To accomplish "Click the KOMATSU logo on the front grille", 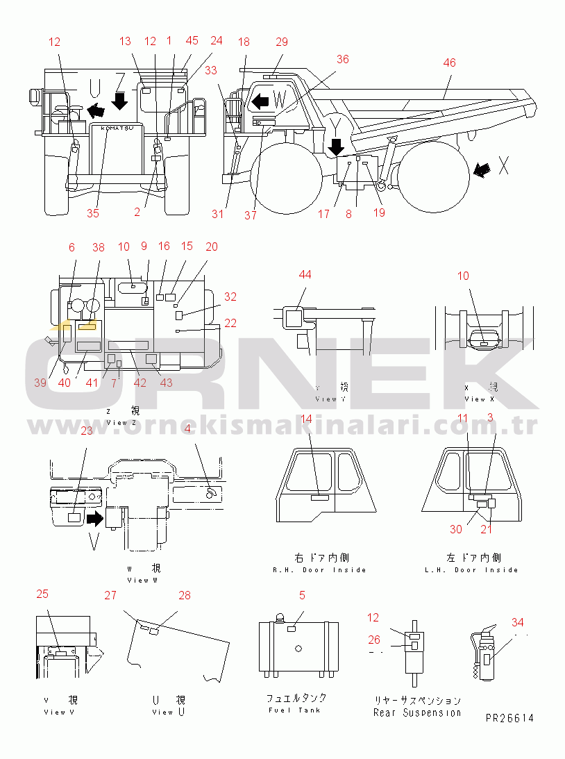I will [116, 129].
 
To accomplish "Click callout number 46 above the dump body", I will [449, 62].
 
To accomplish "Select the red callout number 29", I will [281, 42].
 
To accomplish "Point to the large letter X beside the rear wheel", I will [504, 165].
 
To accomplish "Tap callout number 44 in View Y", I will [305, 274].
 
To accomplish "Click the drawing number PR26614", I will [510, 718].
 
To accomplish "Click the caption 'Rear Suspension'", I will [416, 712].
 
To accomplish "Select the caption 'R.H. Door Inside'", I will [319, 570].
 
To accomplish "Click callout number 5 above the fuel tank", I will [302, 595].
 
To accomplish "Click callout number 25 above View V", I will [42, 594].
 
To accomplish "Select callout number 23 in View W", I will [86, 431].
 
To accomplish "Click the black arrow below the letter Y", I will [337, 147].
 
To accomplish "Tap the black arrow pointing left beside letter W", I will [260, 101].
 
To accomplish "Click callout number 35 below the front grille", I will [93, 213].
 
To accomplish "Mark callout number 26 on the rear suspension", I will [374, 640].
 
